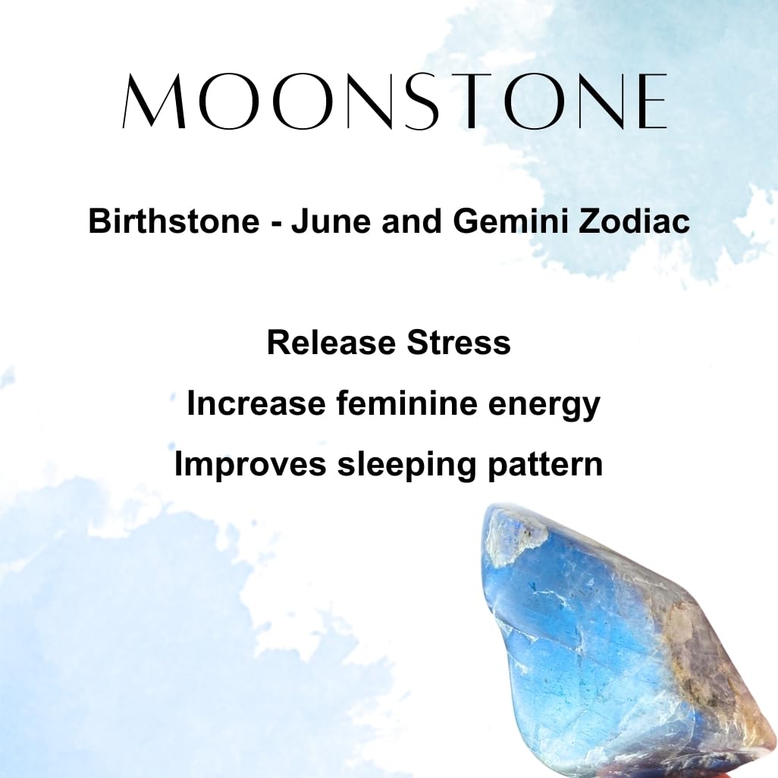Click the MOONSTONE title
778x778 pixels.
(394, 101)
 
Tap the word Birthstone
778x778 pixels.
(174, 221)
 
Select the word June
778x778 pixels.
(331, 221)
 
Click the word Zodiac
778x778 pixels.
(634, 221)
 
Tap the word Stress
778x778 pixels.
(459, 342)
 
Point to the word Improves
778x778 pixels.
(250, 465)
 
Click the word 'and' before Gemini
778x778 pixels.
(412, 221)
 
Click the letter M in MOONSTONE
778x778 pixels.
(154, 101)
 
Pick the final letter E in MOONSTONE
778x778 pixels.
(650, 101)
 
